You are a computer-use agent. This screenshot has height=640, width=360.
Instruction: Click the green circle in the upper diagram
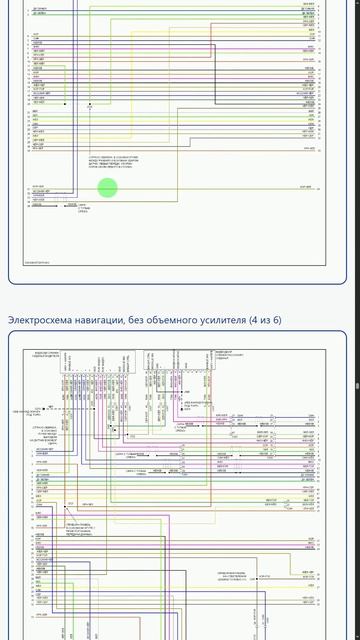(107, 186)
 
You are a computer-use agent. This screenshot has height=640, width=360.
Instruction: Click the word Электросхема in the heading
(39, 319)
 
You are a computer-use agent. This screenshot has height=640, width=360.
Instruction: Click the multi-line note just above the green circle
(109, 163)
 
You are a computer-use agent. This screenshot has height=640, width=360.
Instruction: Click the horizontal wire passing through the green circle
(200, 187)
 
